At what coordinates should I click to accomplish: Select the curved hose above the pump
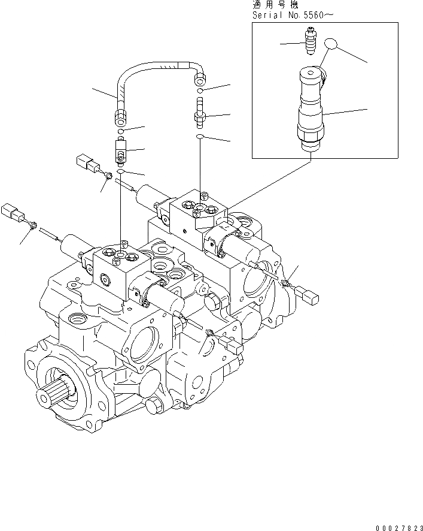point(159,67)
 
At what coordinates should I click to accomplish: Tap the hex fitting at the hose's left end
point(121,113)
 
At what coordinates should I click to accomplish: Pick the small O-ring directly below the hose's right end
point(199,90)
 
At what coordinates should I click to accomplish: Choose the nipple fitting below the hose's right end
point(199,111)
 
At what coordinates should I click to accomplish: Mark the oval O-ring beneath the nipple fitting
point(199,137)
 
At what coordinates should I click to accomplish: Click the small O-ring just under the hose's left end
point(121,130)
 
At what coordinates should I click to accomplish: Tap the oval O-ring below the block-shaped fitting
point(121,172)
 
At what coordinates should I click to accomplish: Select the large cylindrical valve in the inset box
point(312,111)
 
